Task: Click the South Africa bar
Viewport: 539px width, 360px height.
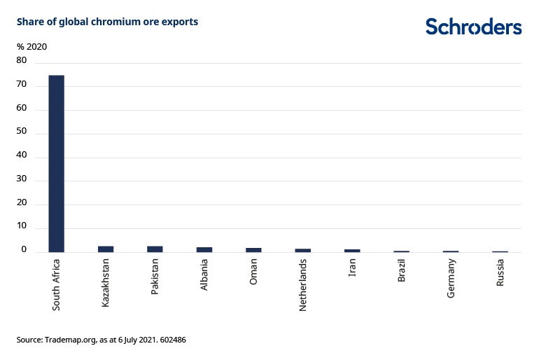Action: pos(56,163)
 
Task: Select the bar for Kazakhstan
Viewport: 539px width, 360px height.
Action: pos(106,249)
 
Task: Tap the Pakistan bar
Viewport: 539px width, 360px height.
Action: pos(155,249)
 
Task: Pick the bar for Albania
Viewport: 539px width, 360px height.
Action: pos(204,249)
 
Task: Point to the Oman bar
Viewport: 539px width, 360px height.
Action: pos(253,249)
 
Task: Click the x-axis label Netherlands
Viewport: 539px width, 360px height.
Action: pos(303,285)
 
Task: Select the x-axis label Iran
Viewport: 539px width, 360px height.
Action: pos(353,268)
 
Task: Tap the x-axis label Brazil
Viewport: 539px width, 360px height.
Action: pos(402,271)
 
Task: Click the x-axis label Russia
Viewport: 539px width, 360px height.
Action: pos(500,272)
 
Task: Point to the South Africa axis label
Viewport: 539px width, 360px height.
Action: pos(56,284)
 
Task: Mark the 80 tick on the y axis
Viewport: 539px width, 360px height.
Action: pos(22,61)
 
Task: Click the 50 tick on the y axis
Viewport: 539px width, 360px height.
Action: pos(22,132)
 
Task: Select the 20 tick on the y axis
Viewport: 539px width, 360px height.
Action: pos(22,202)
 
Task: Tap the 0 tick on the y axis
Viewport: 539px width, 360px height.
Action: pos(24,249)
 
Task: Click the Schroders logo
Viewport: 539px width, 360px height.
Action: pos(474,27)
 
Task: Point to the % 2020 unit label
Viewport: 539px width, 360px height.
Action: pos(31,46)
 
